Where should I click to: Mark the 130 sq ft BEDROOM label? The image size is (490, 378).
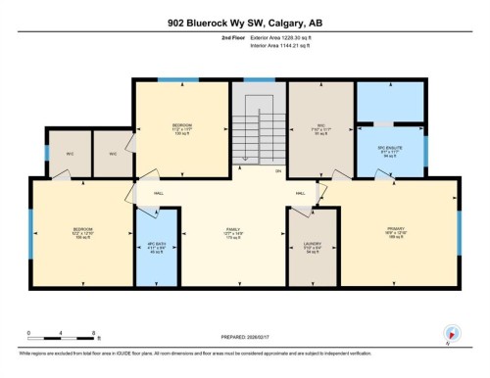182,127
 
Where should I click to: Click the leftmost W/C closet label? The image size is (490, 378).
71,153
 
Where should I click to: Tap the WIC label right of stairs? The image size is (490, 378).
320,126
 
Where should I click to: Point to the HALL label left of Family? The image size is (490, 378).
159,194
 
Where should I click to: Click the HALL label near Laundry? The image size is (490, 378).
302,194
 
